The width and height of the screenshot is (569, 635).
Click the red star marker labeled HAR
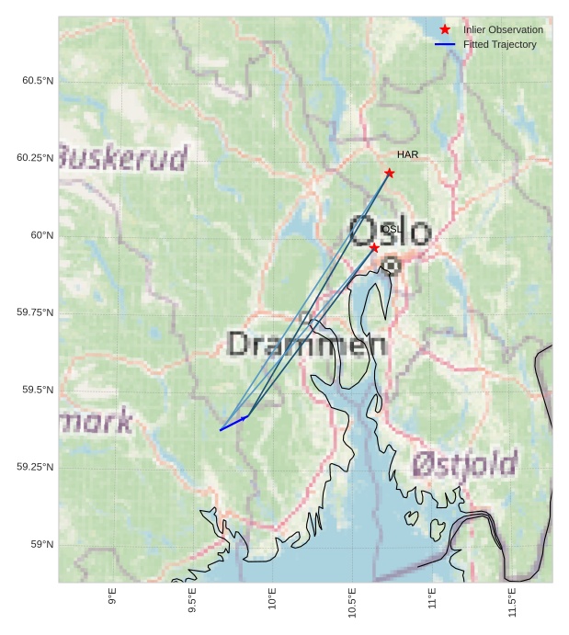pos(389,173)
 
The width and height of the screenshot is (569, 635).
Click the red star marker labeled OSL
pos(374,248)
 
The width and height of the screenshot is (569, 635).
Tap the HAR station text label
pos(407,155)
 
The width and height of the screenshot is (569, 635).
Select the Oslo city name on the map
pos(390,232)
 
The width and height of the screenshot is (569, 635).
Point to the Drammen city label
pos(306,345)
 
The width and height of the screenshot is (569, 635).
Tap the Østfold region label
pos(464,464)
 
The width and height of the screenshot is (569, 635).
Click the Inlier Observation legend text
pos(503,30)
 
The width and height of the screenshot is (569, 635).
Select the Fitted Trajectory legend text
pos(499,45)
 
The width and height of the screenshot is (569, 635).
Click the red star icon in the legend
pos(445,30)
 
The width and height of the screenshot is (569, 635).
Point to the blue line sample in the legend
pos(445,45)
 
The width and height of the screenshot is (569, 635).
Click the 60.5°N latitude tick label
pos(38,81)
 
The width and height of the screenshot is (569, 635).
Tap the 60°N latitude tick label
pos(42,235)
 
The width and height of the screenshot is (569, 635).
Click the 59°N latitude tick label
pos(42,544)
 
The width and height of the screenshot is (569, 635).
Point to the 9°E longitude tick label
pos(112,596)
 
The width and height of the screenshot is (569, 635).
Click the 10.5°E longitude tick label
pos(352,601)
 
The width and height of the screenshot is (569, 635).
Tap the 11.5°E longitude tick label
pos(512,601)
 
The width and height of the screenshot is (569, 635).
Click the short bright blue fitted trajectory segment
pos(233,424)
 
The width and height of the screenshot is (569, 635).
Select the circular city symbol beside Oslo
pos(392,266)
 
